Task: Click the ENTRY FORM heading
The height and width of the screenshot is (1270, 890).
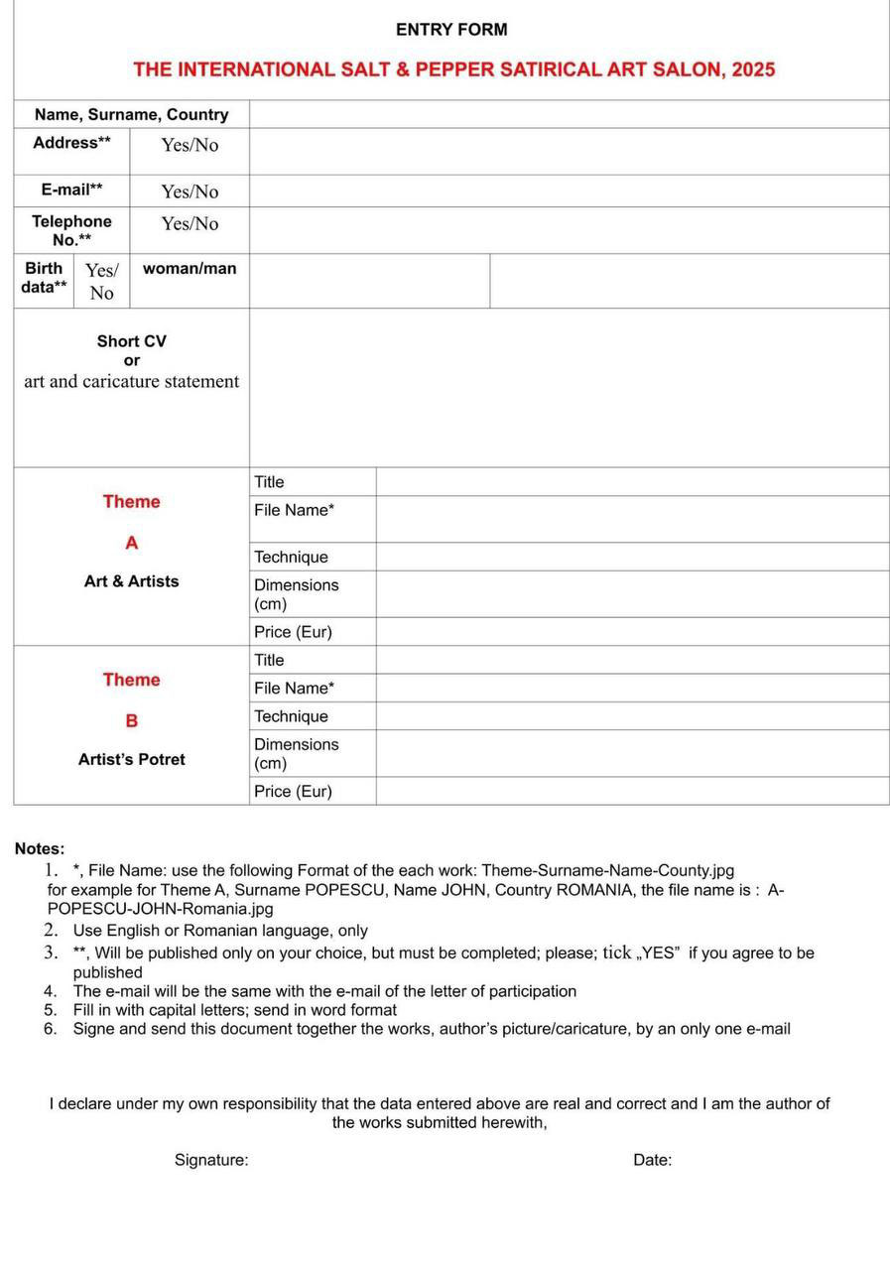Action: point(451,30)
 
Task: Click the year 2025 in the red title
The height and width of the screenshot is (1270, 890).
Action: point(753,69)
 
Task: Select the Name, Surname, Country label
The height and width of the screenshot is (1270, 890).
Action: point(131,114)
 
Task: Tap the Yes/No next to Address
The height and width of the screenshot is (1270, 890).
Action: point(190,145)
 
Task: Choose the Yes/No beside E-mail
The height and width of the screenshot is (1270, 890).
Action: point(190,191)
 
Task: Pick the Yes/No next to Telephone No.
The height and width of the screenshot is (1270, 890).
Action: point(190,223)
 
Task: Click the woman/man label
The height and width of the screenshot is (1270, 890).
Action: point(190,268)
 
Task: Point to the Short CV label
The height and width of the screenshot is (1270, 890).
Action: point(131,341)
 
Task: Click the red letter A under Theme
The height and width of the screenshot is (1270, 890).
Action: point(131,543)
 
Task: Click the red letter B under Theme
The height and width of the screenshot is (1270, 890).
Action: point(131,720)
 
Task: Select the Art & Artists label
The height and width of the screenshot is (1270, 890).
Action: point(131,581)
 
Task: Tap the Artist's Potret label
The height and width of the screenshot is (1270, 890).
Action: point(131,759)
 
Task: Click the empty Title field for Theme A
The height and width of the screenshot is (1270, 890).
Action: point(632,482)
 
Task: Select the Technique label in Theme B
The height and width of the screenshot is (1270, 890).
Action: point(291,716)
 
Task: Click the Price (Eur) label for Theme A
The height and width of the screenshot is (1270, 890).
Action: point(293,632)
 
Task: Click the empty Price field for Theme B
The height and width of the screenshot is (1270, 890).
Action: point(632,791)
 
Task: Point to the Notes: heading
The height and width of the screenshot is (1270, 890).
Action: point(40,848)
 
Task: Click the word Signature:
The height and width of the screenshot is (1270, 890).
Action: point(211,1160)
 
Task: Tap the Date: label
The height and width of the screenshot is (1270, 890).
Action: point(652,1160)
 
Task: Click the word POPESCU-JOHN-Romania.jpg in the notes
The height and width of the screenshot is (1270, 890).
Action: point(160,909)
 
